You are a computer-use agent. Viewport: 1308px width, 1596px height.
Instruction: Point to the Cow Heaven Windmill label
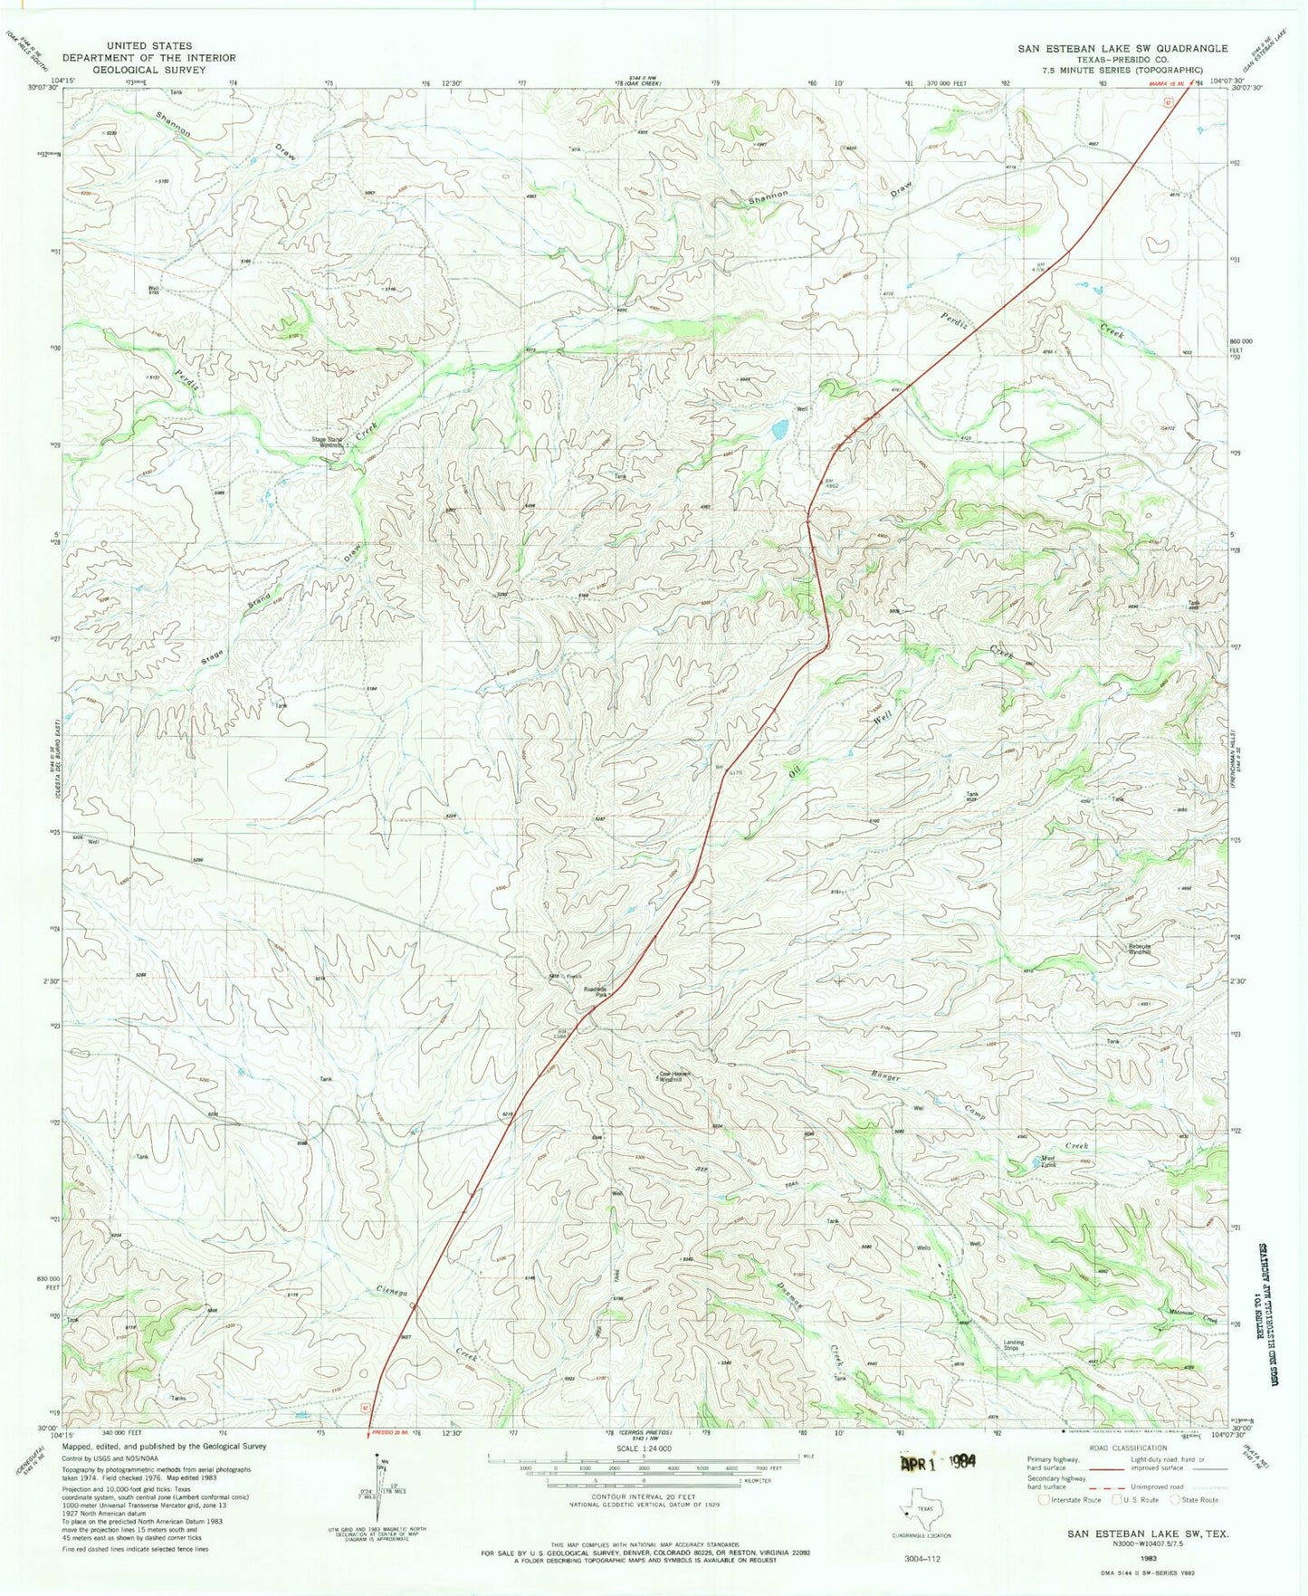pos(674,1077)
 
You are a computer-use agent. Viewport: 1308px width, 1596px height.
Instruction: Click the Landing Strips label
pos(1011,1345)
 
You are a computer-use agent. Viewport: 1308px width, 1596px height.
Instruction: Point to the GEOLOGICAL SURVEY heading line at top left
pos(148,69)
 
